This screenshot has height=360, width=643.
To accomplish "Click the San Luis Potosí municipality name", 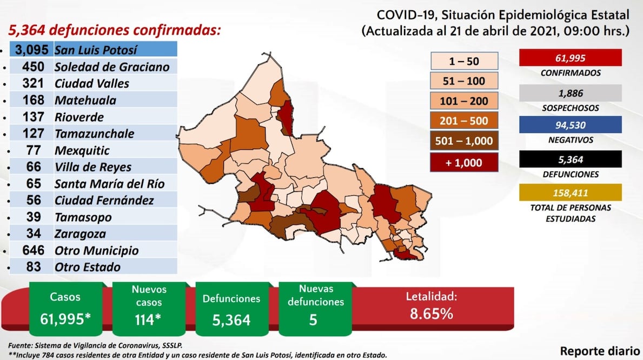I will [x=96, y=50].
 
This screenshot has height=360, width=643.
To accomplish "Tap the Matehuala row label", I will [x=85, y=100].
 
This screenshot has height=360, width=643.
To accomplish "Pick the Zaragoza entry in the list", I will [x=80, y=234].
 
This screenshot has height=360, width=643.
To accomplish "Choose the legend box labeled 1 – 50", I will [x=464, y=61].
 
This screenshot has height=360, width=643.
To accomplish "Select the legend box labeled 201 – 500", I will [x=464, y=121].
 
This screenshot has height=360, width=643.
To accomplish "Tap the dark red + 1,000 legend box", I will [x=464, y=162].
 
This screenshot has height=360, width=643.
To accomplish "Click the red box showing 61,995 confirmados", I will [x=570, y=58].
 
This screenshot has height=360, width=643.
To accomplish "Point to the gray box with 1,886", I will [x=570, y=93].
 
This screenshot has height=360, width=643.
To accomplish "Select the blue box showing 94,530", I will [x=570, y=125].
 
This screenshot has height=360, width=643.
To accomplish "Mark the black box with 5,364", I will [x=570, y=159].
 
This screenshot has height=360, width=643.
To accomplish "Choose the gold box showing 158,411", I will [x=570, y=192].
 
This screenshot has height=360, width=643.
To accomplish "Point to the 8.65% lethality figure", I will [x=431, y=313].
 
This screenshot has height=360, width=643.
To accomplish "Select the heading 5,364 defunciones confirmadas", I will [x=114, y=30].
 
